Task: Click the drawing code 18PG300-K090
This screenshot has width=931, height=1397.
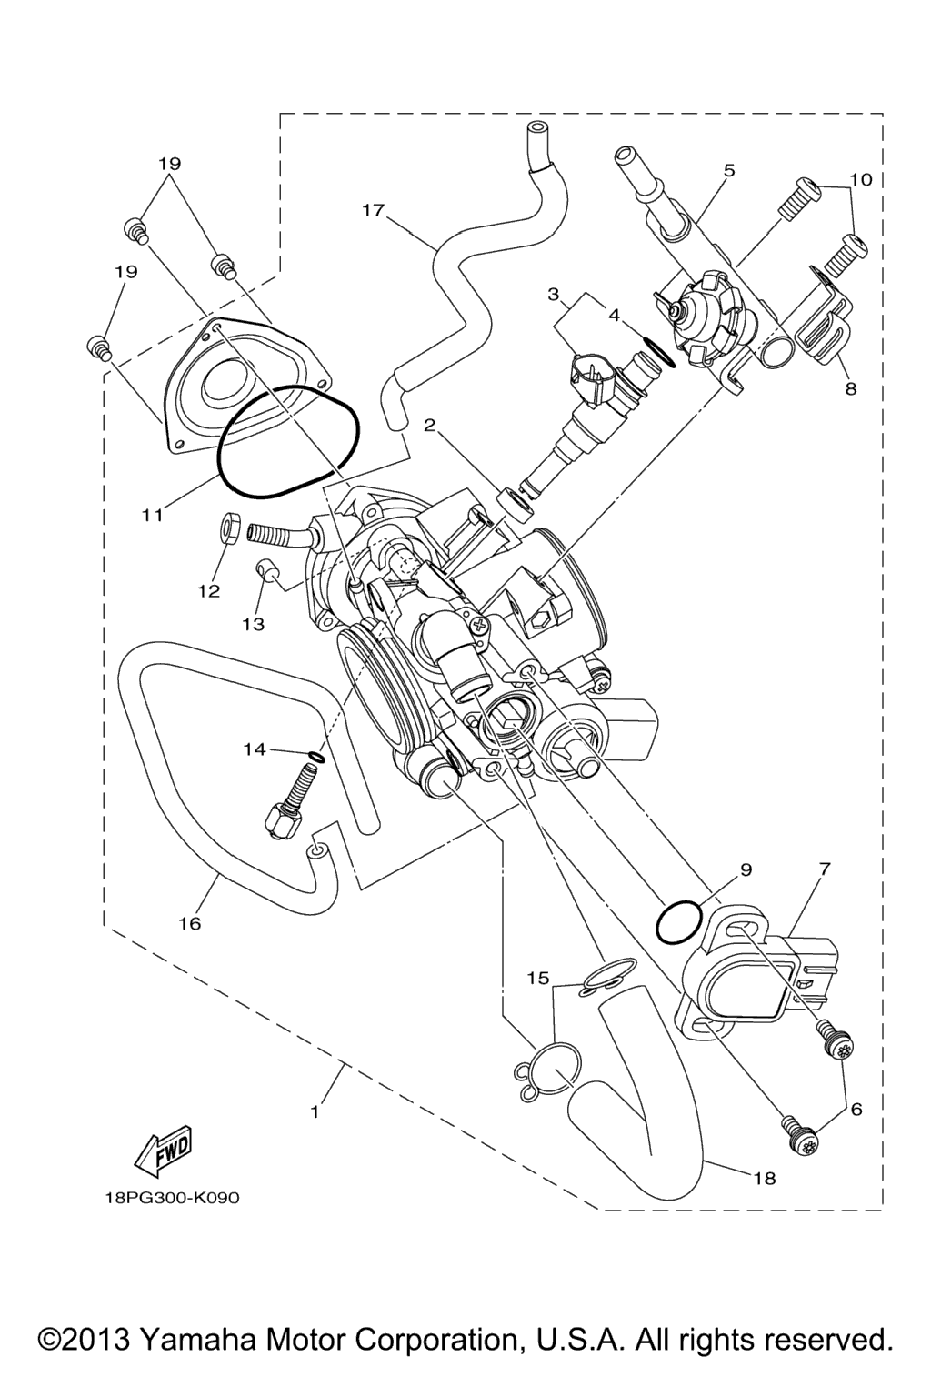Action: [x=172, y=1198]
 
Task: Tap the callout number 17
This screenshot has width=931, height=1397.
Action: [x=373, y=210]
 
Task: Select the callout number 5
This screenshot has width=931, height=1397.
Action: [x=729, y=170]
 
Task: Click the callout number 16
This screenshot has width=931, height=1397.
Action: [x=189, y=923]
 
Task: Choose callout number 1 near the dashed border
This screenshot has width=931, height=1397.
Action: [x=315, y=1111]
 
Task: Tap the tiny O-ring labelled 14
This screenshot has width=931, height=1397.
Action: [x=315, y=757]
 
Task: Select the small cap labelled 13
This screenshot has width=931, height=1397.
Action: [x=265, y=570]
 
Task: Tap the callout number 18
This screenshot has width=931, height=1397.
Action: [x=765, y=1178]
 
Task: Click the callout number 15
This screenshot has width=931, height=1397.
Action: [x=538, y=978]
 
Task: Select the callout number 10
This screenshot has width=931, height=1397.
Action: [x=861, y=179]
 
